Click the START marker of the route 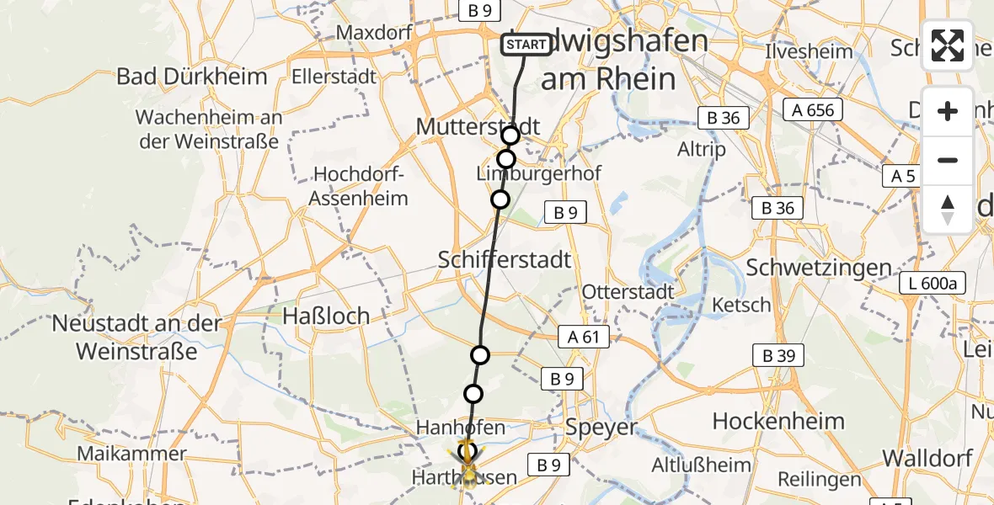click(526, 44)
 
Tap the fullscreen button click(948, 45)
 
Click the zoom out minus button click(948, 160)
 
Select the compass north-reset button click(948, 210)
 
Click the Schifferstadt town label click(505, 260)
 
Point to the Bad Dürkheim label click(192, 77)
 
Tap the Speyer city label click(601, 427)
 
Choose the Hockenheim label click(778, 421)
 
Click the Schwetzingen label click(819, 268)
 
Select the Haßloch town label click(326, 316)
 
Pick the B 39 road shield click(778, 356)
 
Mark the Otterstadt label click(628, 292)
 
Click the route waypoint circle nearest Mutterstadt click(510, 136)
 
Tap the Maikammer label click(131, 454)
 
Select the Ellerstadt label click(334, 77)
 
